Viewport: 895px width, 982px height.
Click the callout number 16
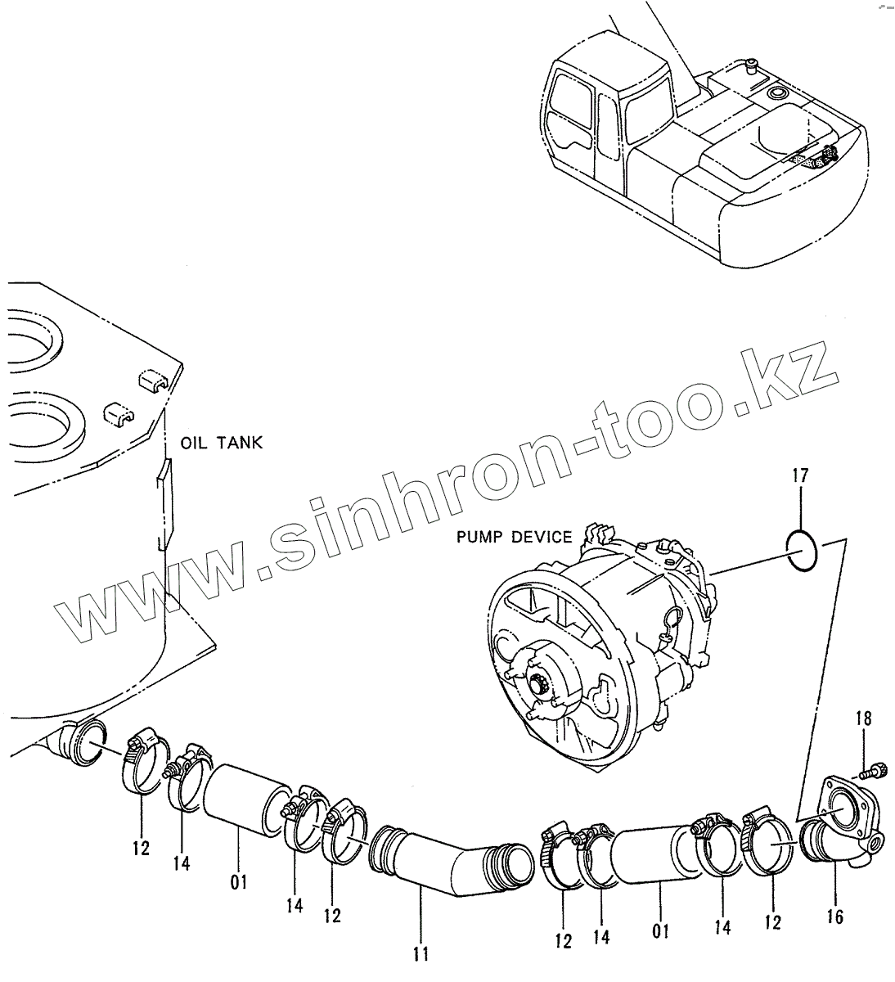click(835, 916)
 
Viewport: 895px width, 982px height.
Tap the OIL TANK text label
click(221, 443)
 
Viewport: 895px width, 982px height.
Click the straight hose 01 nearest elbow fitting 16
click(655, 854)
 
